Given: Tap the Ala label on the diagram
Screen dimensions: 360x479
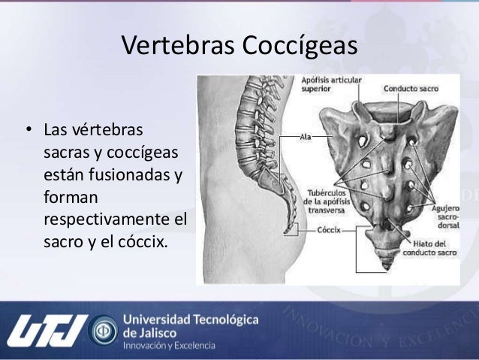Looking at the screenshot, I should click(306, 137).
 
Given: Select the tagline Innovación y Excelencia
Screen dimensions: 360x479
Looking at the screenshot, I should click(168, 346).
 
